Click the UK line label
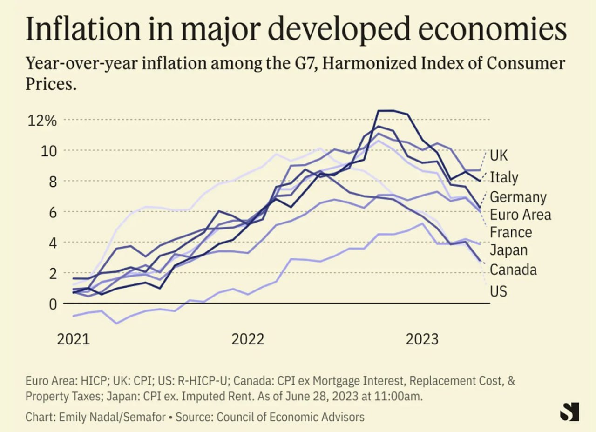(x=499, y=155)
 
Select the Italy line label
(x=504, y=177)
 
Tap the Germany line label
(x=518, y=197)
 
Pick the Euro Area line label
(x=520, y=215)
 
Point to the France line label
(x=511, y=232)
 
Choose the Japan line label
(x=508, y=250)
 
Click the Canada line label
(x=513, y=270)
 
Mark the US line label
(x=498, y=291)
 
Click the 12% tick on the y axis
(x=42, y=121)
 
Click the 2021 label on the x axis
(x=73, y=338)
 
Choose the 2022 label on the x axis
(x=248, y=338)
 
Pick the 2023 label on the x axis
(x=422, y=338)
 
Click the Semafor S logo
(x=569, y=412)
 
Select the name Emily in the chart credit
(x=77, y=417)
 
